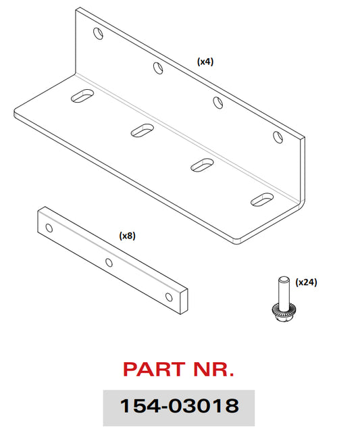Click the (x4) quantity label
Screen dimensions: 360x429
point(205,61)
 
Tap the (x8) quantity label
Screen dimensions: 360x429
point(127,236)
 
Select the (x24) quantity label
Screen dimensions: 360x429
point(306,282)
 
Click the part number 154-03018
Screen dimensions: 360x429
point(179,405)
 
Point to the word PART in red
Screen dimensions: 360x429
point(154,370)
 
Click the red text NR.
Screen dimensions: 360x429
point(213,370)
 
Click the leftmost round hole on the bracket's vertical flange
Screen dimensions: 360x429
point(99,33)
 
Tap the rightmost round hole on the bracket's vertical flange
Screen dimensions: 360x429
point(278,136)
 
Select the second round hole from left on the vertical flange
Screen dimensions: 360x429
point(158,68)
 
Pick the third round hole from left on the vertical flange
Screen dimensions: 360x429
point(218,103)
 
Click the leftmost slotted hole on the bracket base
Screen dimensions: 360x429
point(82,95)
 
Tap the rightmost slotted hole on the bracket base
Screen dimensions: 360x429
point(262,199)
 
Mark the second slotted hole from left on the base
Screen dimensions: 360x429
point(143,130)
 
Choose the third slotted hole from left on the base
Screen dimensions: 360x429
point(202,165)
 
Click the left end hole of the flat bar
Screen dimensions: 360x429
point(49,228)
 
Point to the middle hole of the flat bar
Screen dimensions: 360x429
point(109,263)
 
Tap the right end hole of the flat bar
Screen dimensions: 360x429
point(169,297)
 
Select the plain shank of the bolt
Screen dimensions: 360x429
point(284,291)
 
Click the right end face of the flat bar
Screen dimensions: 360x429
point(184,301)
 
